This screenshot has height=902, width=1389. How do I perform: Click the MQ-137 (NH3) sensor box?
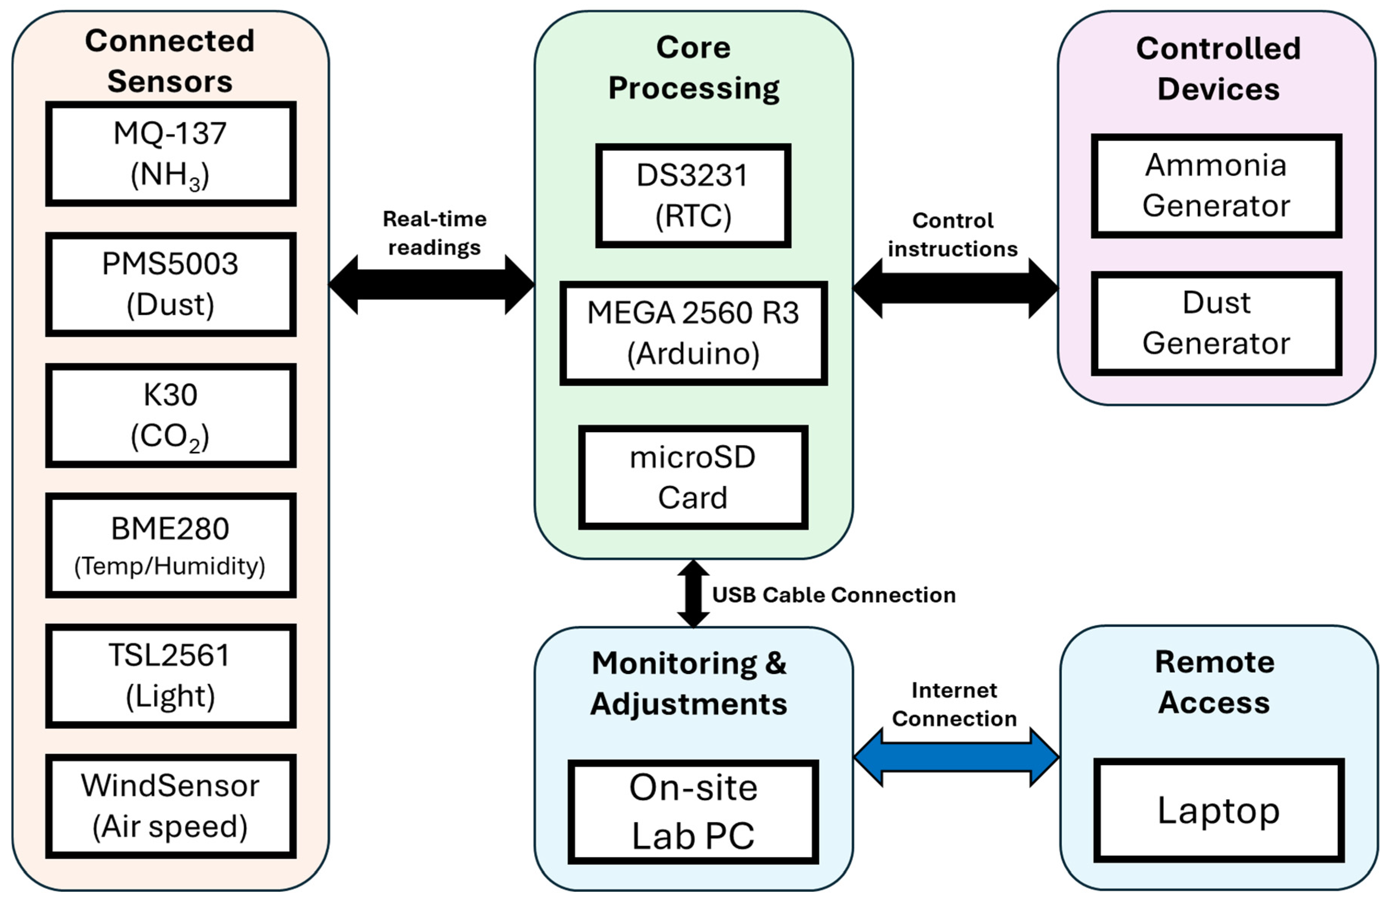point(170,154)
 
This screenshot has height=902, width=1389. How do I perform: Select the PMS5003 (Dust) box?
point(170,284)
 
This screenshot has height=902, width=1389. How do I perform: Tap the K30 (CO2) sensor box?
point(170,415)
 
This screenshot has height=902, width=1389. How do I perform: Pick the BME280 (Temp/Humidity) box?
point(170,545)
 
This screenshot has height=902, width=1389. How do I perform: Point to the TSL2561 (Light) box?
point(170,675)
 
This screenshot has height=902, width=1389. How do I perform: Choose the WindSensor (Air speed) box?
point(170,806)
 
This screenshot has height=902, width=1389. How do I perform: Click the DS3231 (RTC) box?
point(693,196)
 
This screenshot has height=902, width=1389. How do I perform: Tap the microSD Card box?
point(693,477)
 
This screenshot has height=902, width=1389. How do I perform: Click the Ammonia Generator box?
point(1216,185)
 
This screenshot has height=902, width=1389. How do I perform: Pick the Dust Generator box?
point(1216,323)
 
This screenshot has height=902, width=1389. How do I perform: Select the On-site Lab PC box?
point(693,812)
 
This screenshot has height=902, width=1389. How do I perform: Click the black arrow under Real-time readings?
point(431,285)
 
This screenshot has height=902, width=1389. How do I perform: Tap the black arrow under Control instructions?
point(955,288)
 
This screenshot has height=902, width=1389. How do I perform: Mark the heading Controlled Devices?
point(1218,68)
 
